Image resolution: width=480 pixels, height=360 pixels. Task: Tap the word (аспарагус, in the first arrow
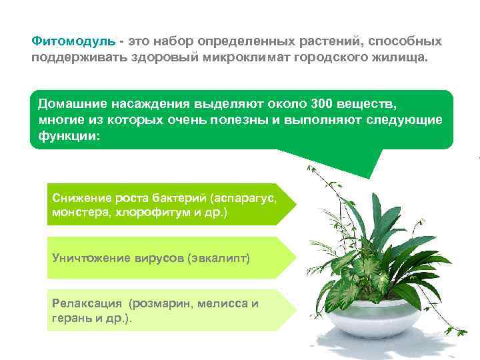coord(243,199)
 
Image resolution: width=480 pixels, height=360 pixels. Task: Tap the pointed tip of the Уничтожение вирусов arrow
coord(294,257)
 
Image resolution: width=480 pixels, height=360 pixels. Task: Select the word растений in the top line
coord(327,41)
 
